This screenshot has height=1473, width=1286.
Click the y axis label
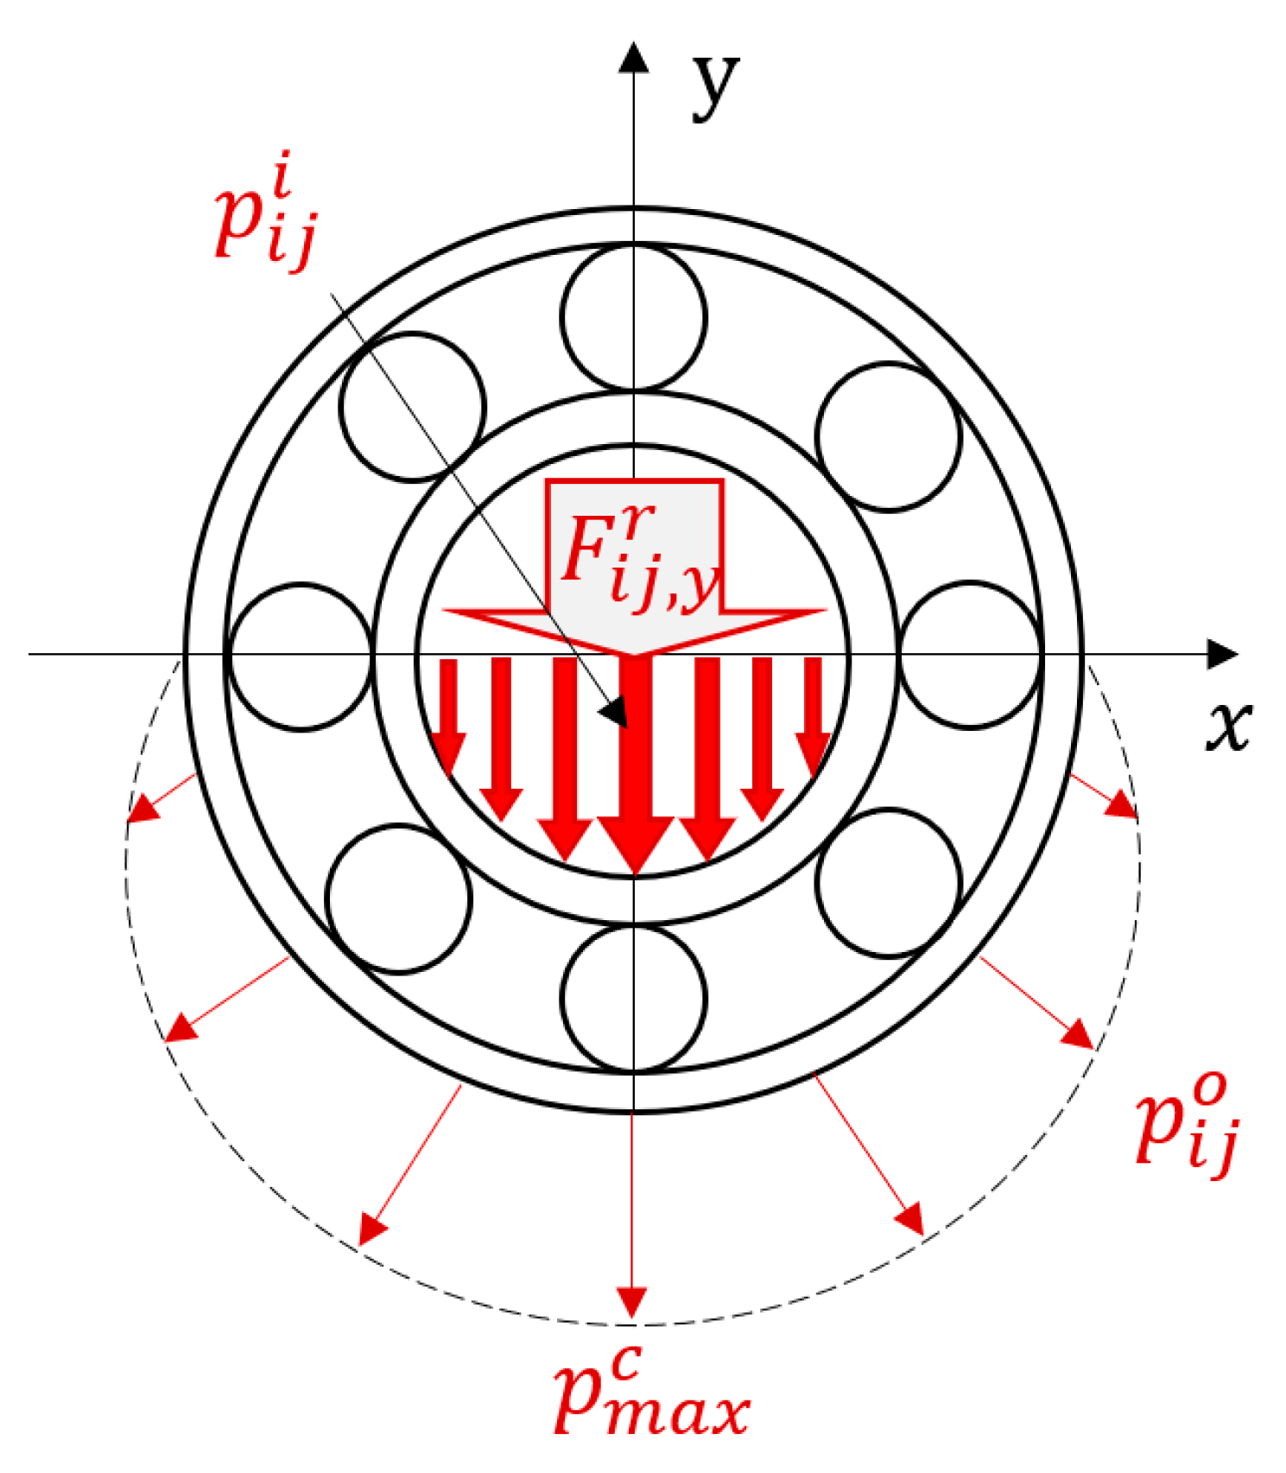point(716,86)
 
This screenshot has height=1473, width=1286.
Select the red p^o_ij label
point(1188,1124)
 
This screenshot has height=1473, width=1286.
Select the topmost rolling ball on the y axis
point(633,317)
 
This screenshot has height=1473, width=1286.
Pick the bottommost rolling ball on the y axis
point(633,999)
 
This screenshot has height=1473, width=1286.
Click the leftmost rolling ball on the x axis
point(301,656)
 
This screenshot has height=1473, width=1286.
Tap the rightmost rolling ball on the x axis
point(969,655)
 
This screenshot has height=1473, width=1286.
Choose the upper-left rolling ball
point(412,407)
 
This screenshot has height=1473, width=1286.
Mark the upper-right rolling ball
point(888,437)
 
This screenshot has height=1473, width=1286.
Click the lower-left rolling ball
point(399,899)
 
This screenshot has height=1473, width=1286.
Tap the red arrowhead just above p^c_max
point(632,1301)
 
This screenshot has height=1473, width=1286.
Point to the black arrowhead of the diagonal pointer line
point(615,713)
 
